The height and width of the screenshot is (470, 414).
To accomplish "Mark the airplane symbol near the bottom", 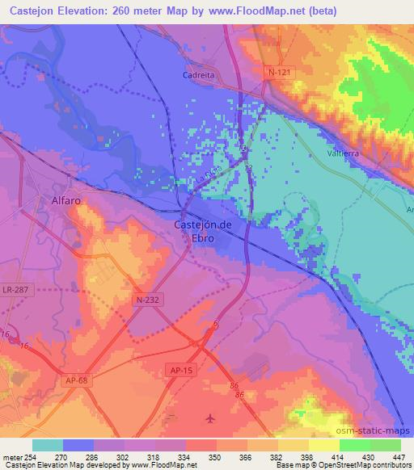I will tap(211, 418).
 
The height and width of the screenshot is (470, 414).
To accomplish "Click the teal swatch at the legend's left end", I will tap(48, 445).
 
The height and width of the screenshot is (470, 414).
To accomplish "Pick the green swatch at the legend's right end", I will tap(385, 445).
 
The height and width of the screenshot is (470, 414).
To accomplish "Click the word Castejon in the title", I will tap(34, 11).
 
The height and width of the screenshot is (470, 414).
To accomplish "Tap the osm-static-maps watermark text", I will tap(378, 430).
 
